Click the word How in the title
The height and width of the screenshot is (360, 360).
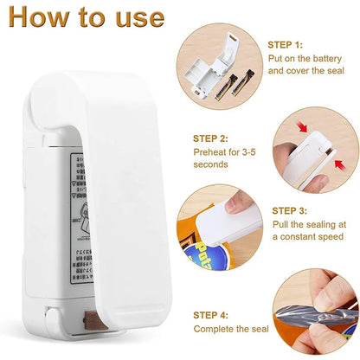point(39,17)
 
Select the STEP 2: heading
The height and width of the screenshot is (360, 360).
point(210,138)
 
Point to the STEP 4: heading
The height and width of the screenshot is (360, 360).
point(211,315)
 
